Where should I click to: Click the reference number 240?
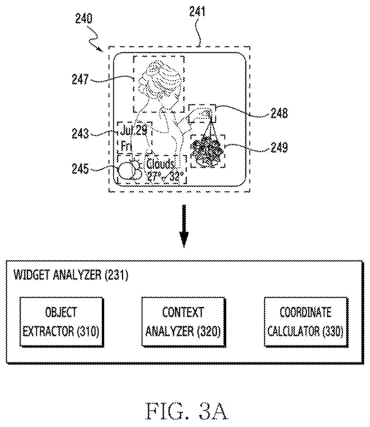click(x=84, y=19)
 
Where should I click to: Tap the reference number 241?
click(x=197, y=11)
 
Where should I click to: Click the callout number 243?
click(x=80, y=133)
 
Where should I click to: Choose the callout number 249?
click(x=279, y=147)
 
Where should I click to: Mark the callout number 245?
click(x=80, y=169)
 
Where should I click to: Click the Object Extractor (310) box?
click(x=62, y=322)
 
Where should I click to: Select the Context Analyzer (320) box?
click(x=183, y=322)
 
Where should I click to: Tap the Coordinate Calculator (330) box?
click(x=306, y=322)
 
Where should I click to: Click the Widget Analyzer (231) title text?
click(x=71, y=275)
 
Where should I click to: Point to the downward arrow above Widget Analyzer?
click(x=184, y=226)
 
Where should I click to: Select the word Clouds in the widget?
click(x=160, y=164)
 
